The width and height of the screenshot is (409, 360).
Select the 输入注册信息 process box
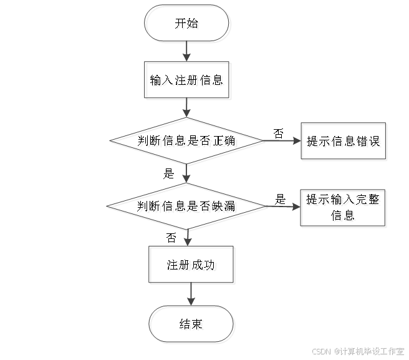tap(188, 80)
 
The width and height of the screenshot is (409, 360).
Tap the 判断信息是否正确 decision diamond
tap(188, 142)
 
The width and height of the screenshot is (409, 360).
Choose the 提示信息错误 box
tap(344, 142)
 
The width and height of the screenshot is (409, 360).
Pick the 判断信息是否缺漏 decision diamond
tap(188, 207)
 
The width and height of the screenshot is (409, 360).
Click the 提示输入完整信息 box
tap(344, 208)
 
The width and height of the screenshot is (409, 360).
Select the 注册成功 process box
tap(192, 266)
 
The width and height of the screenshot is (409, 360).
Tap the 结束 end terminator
tap(192, 325)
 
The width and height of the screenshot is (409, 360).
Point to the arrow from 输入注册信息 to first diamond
tap(187, 109)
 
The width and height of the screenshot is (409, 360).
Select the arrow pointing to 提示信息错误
tap(284, 142)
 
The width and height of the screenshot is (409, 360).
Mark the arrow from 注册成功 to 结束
tap(192, 295)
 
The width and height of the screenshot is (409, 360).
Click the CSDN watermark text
tap(319, 352)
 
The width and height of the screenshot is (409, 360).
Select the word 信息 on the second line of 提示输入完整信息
tap(344, 217)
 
